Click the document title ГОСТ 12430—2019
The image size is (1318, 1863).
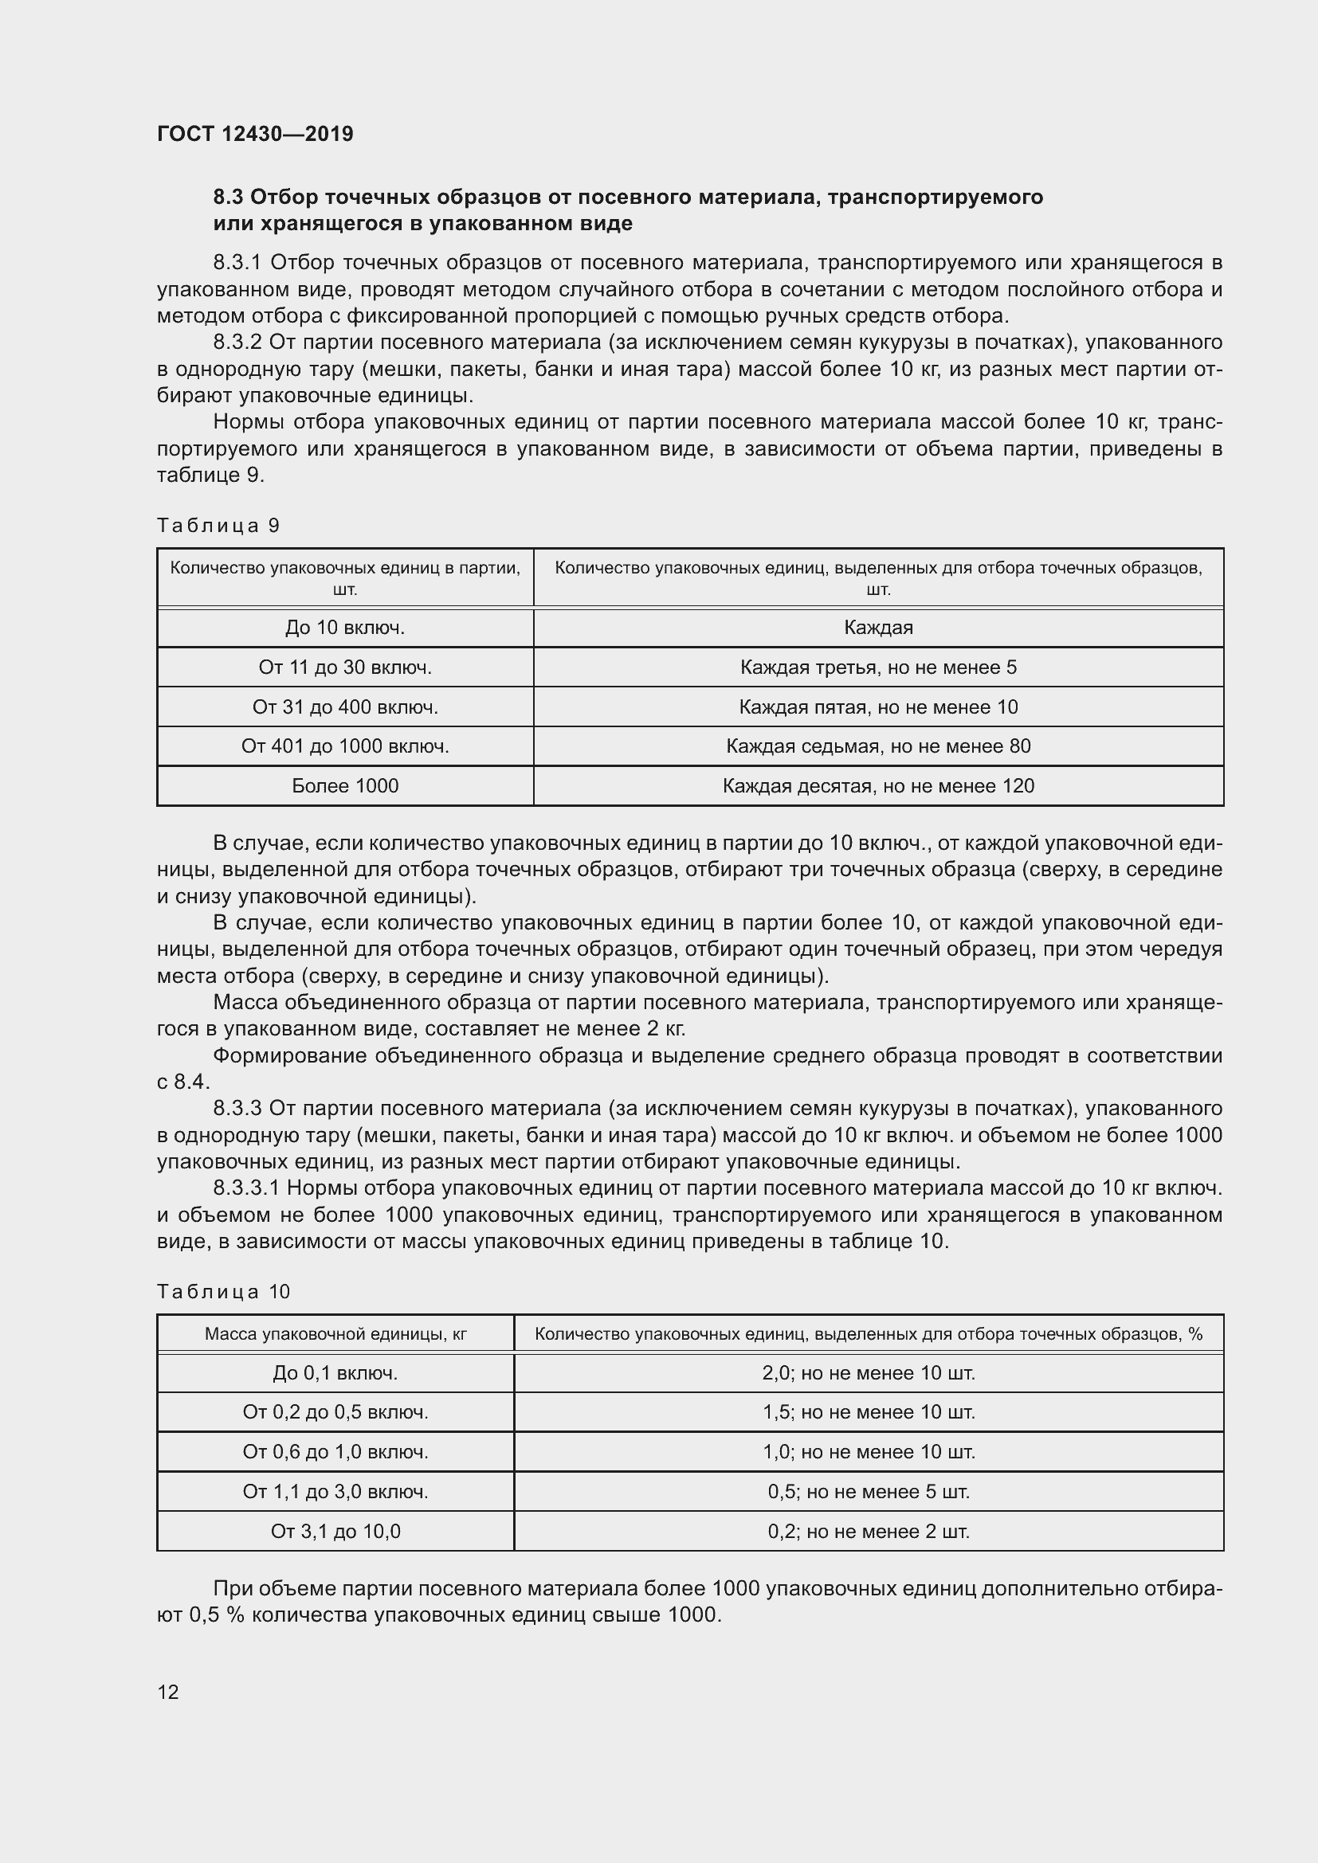tap(255, 134)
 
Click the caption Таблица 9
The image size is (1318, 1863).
tap(218, 526)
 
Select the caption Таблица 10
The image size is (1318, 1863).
tap(223, 1291)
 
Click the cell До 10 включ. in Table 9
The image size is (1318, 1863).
tap(345, 627)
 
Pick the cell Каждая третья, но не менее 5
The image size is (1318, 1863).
tap(878, 667)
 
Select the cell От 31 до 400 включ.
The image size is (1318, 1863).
tap(345, 706)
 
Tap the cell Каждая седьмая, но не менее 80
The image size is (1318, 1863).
tap(878, 746)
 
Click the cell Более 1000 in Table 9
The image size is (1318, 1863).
tap(345, 785)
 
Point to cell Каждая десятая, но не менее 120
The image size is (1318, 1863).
tap(878, 785)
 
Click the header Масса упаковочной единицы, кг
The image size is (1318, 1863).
tap(335, 1334)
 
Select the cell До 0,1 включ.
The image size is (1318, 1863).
tap(335, 1373)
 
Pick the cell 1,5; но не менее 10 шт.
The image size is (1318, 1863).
tap(869, 1412)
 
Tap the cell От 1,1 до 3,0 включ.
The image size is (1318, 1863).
tap(335, 1491)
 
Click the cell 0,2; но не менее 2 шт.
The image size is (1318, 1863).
tap(869, 1531)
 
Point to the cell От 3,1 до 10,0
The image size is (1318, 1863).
tap(335, 1531)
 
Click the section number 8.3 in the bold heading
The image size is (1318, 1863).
tap(228, 198)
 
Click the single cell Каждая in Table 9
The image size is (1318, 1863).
tap(878, 627)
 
